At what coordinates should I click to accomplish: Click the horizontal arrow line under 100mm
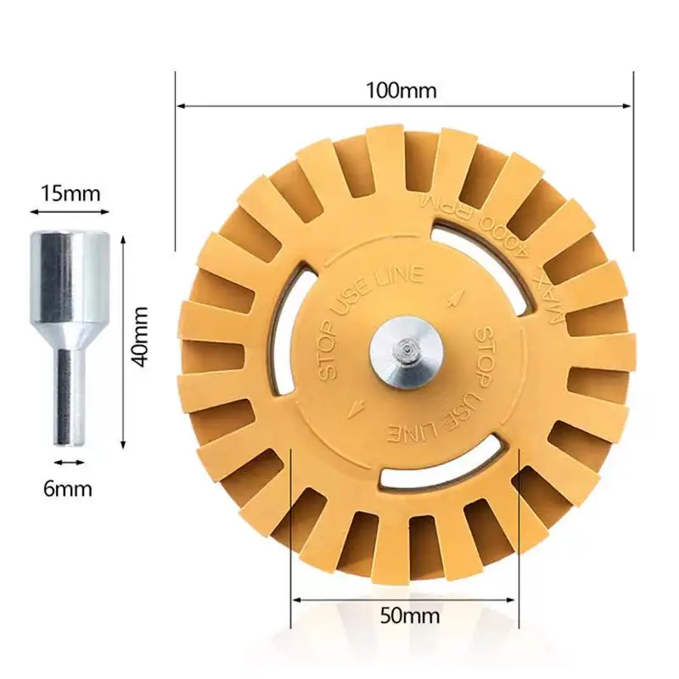pos(404,106)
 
